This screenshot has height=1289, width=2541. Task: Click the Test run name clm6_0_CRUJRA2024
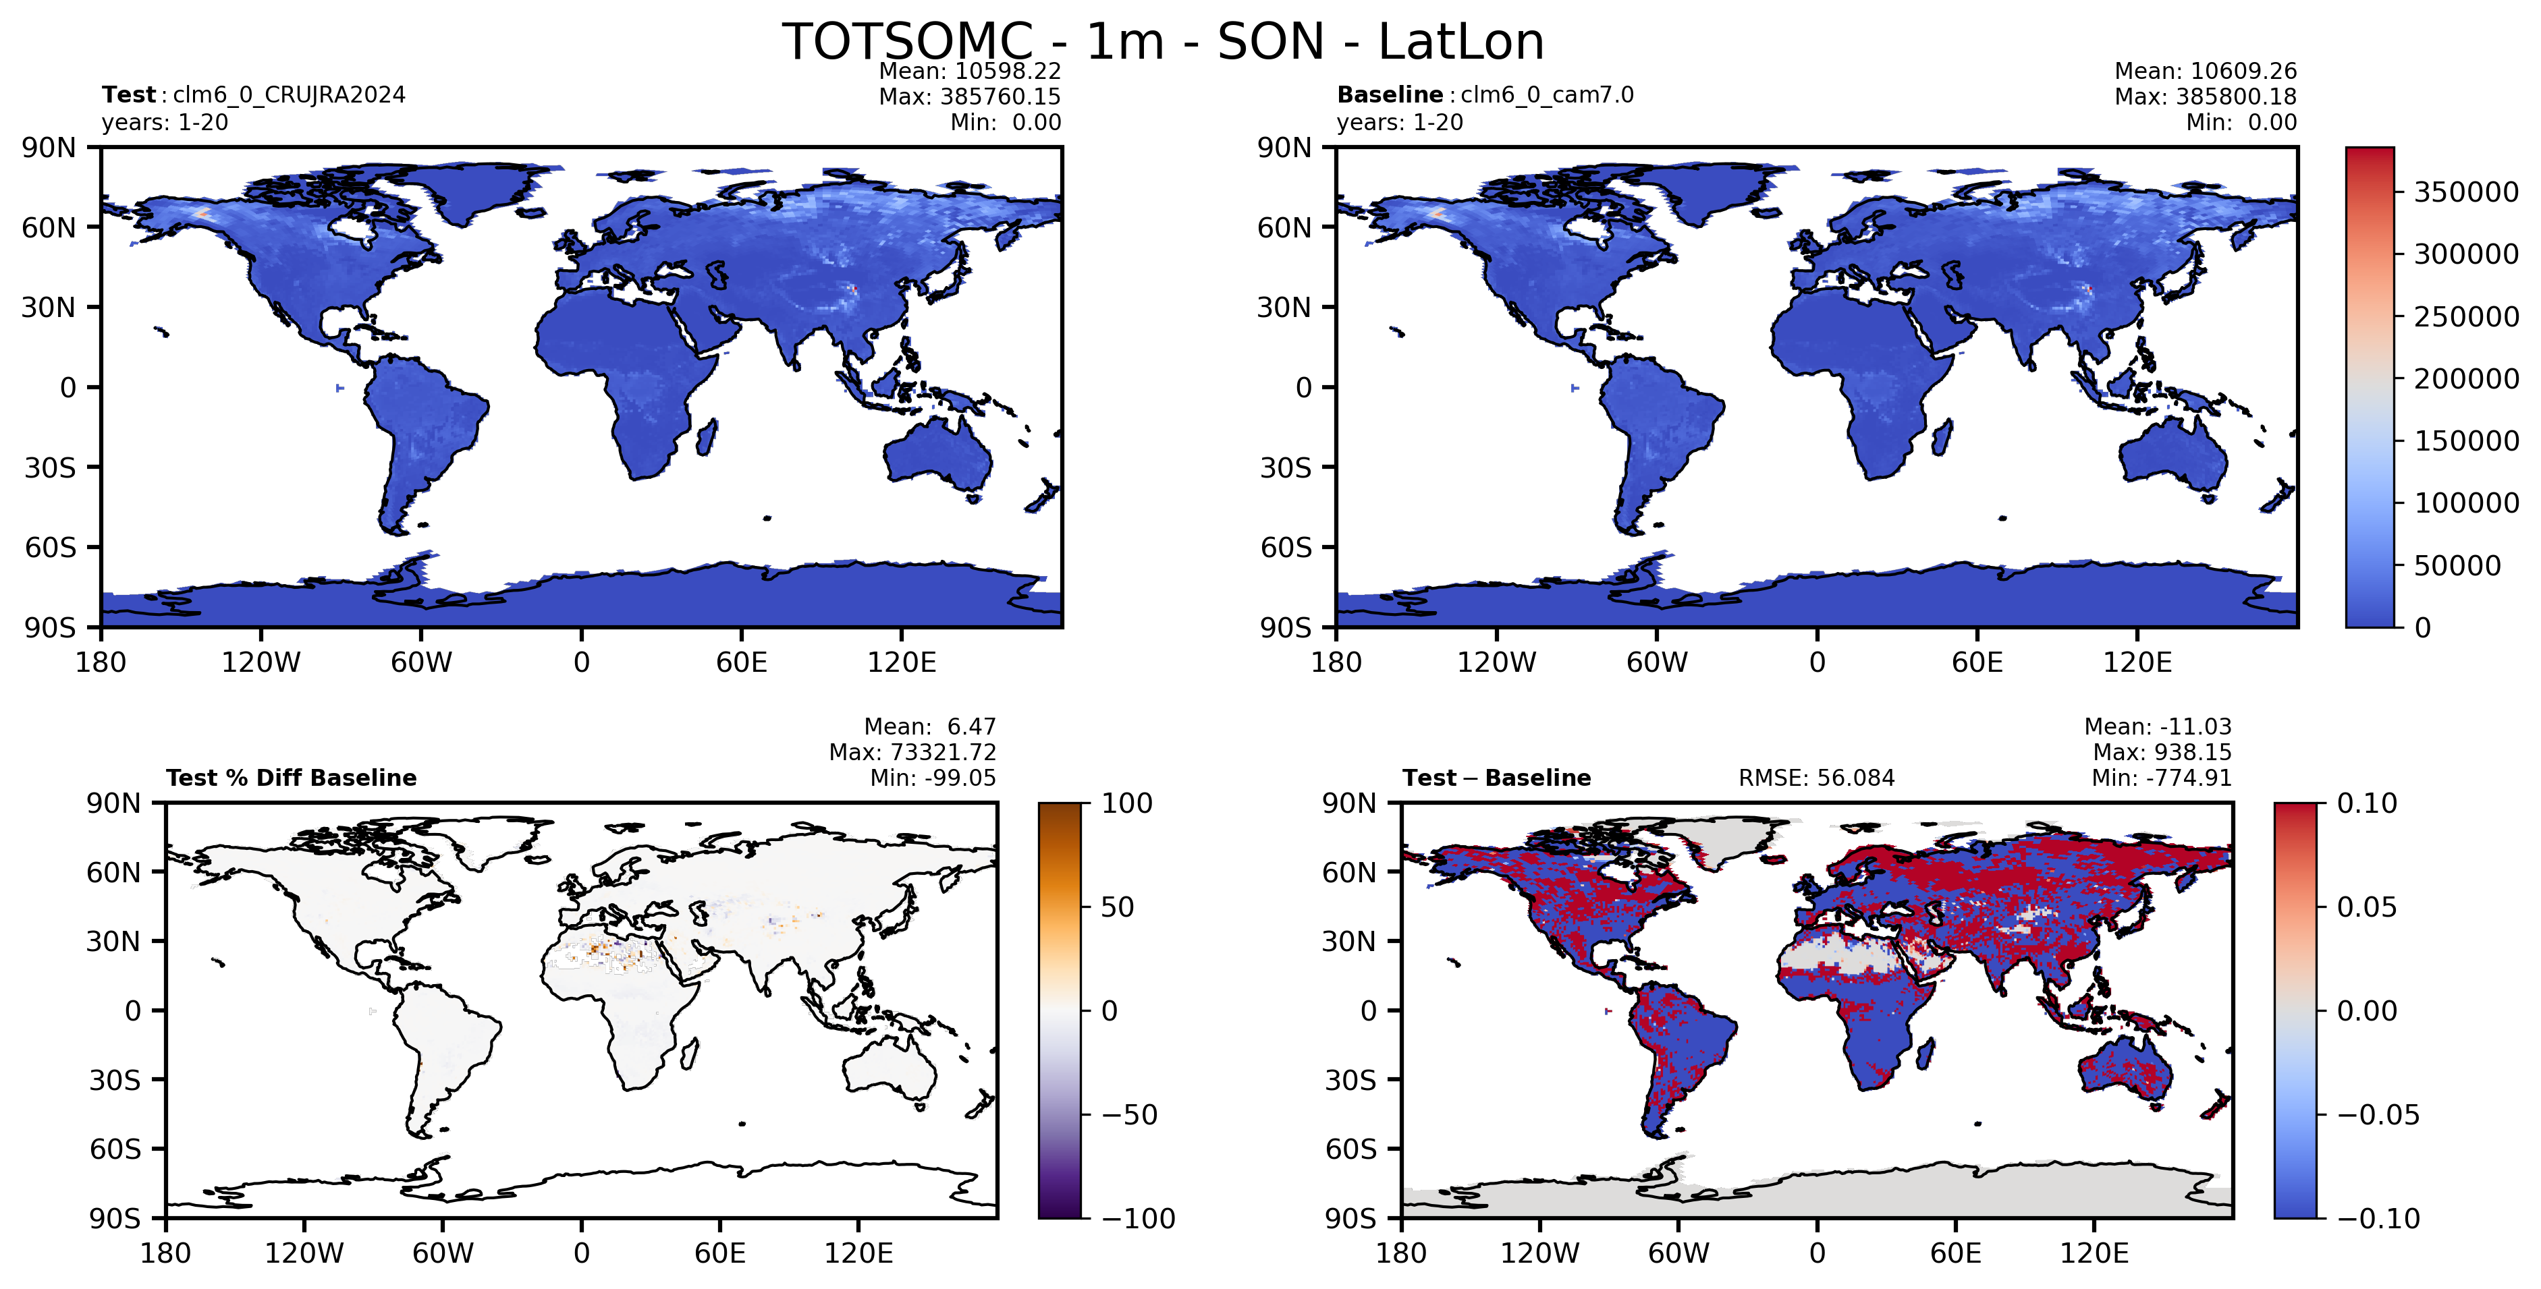[289, 94]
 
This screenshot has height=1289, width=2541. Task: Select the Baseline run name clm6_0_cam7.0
[1547, 94]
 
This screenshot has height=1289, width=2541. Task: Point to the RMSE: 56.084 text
[1816, 778]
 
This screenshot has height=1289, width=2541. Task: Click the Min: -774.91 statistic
[2161, 778]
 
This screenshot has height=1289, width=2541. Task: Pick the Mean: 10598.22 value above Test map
[970, 71]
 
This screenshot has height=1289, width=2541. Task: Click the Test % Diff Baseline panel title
[291, 778]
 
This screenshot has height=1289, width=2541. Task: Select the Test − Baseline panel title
[1496, 778]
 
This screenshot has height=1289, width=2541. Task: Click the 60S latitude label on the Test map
[51, 547]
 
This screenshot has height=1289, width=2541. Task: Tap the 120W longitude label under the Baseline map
[1496, 662]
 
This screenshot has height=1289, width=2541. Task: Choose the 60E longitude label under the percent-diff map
[720, 1253]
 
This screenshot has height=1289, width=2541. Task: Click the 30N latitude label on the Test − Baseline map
[1348, 942]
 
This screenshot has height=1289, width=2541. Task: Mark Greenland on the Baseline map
[1726, 192]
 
